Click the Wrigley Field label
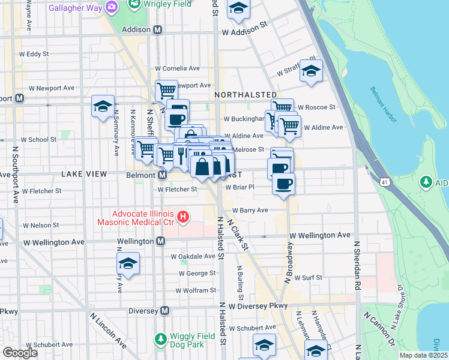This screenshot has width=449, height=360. point(168,4)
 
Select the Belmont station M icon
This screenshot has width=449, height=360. point(162,175)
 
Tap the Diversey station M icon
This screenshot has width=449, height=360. point(165,311)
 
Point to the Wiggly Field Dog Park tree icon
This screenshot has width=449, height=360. point(160,340)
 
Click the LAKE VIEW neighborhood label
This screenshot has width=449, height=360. point(83,174)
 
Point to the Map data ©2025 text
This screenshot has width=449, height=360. point(423,355)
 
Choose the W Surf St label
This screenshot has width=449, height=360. point(307,278)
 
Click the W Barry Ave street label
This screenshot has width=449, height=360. point(246,211)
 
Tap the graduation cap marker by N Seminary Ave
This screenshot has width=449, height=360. point(103,106)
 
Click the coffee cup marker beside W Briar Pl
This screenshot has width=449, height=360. point(283,182)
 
